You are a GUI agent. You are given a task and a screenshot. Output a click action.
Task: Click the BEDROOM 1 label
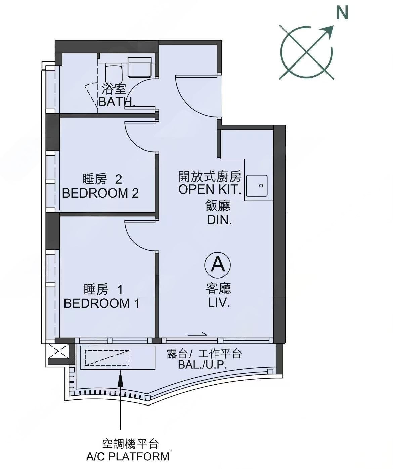click(101, 303)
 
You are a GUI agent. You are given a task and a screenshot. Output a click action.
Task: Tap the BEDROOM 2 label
click(100, 193)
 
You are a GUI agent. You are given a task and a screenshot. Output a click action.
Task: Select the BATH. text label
click(117, 102)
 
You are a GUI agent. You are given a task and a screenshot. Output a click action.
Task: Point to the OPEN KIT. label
click(210, 189)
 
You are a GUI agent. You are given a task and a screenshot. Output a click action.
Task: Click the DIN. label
click(220, 220)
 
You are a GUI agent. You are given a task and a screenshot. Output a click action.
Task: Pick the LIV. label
click(219, 303)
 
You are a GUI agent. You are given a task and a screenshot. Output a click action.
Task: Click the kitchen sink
click(257, 185)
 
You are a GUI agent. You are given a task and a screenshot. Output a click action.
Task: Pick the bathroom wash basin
click(140, 67)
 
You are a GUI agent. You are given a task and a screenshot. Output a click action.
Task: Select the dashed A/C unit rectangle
click(107, 358)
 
